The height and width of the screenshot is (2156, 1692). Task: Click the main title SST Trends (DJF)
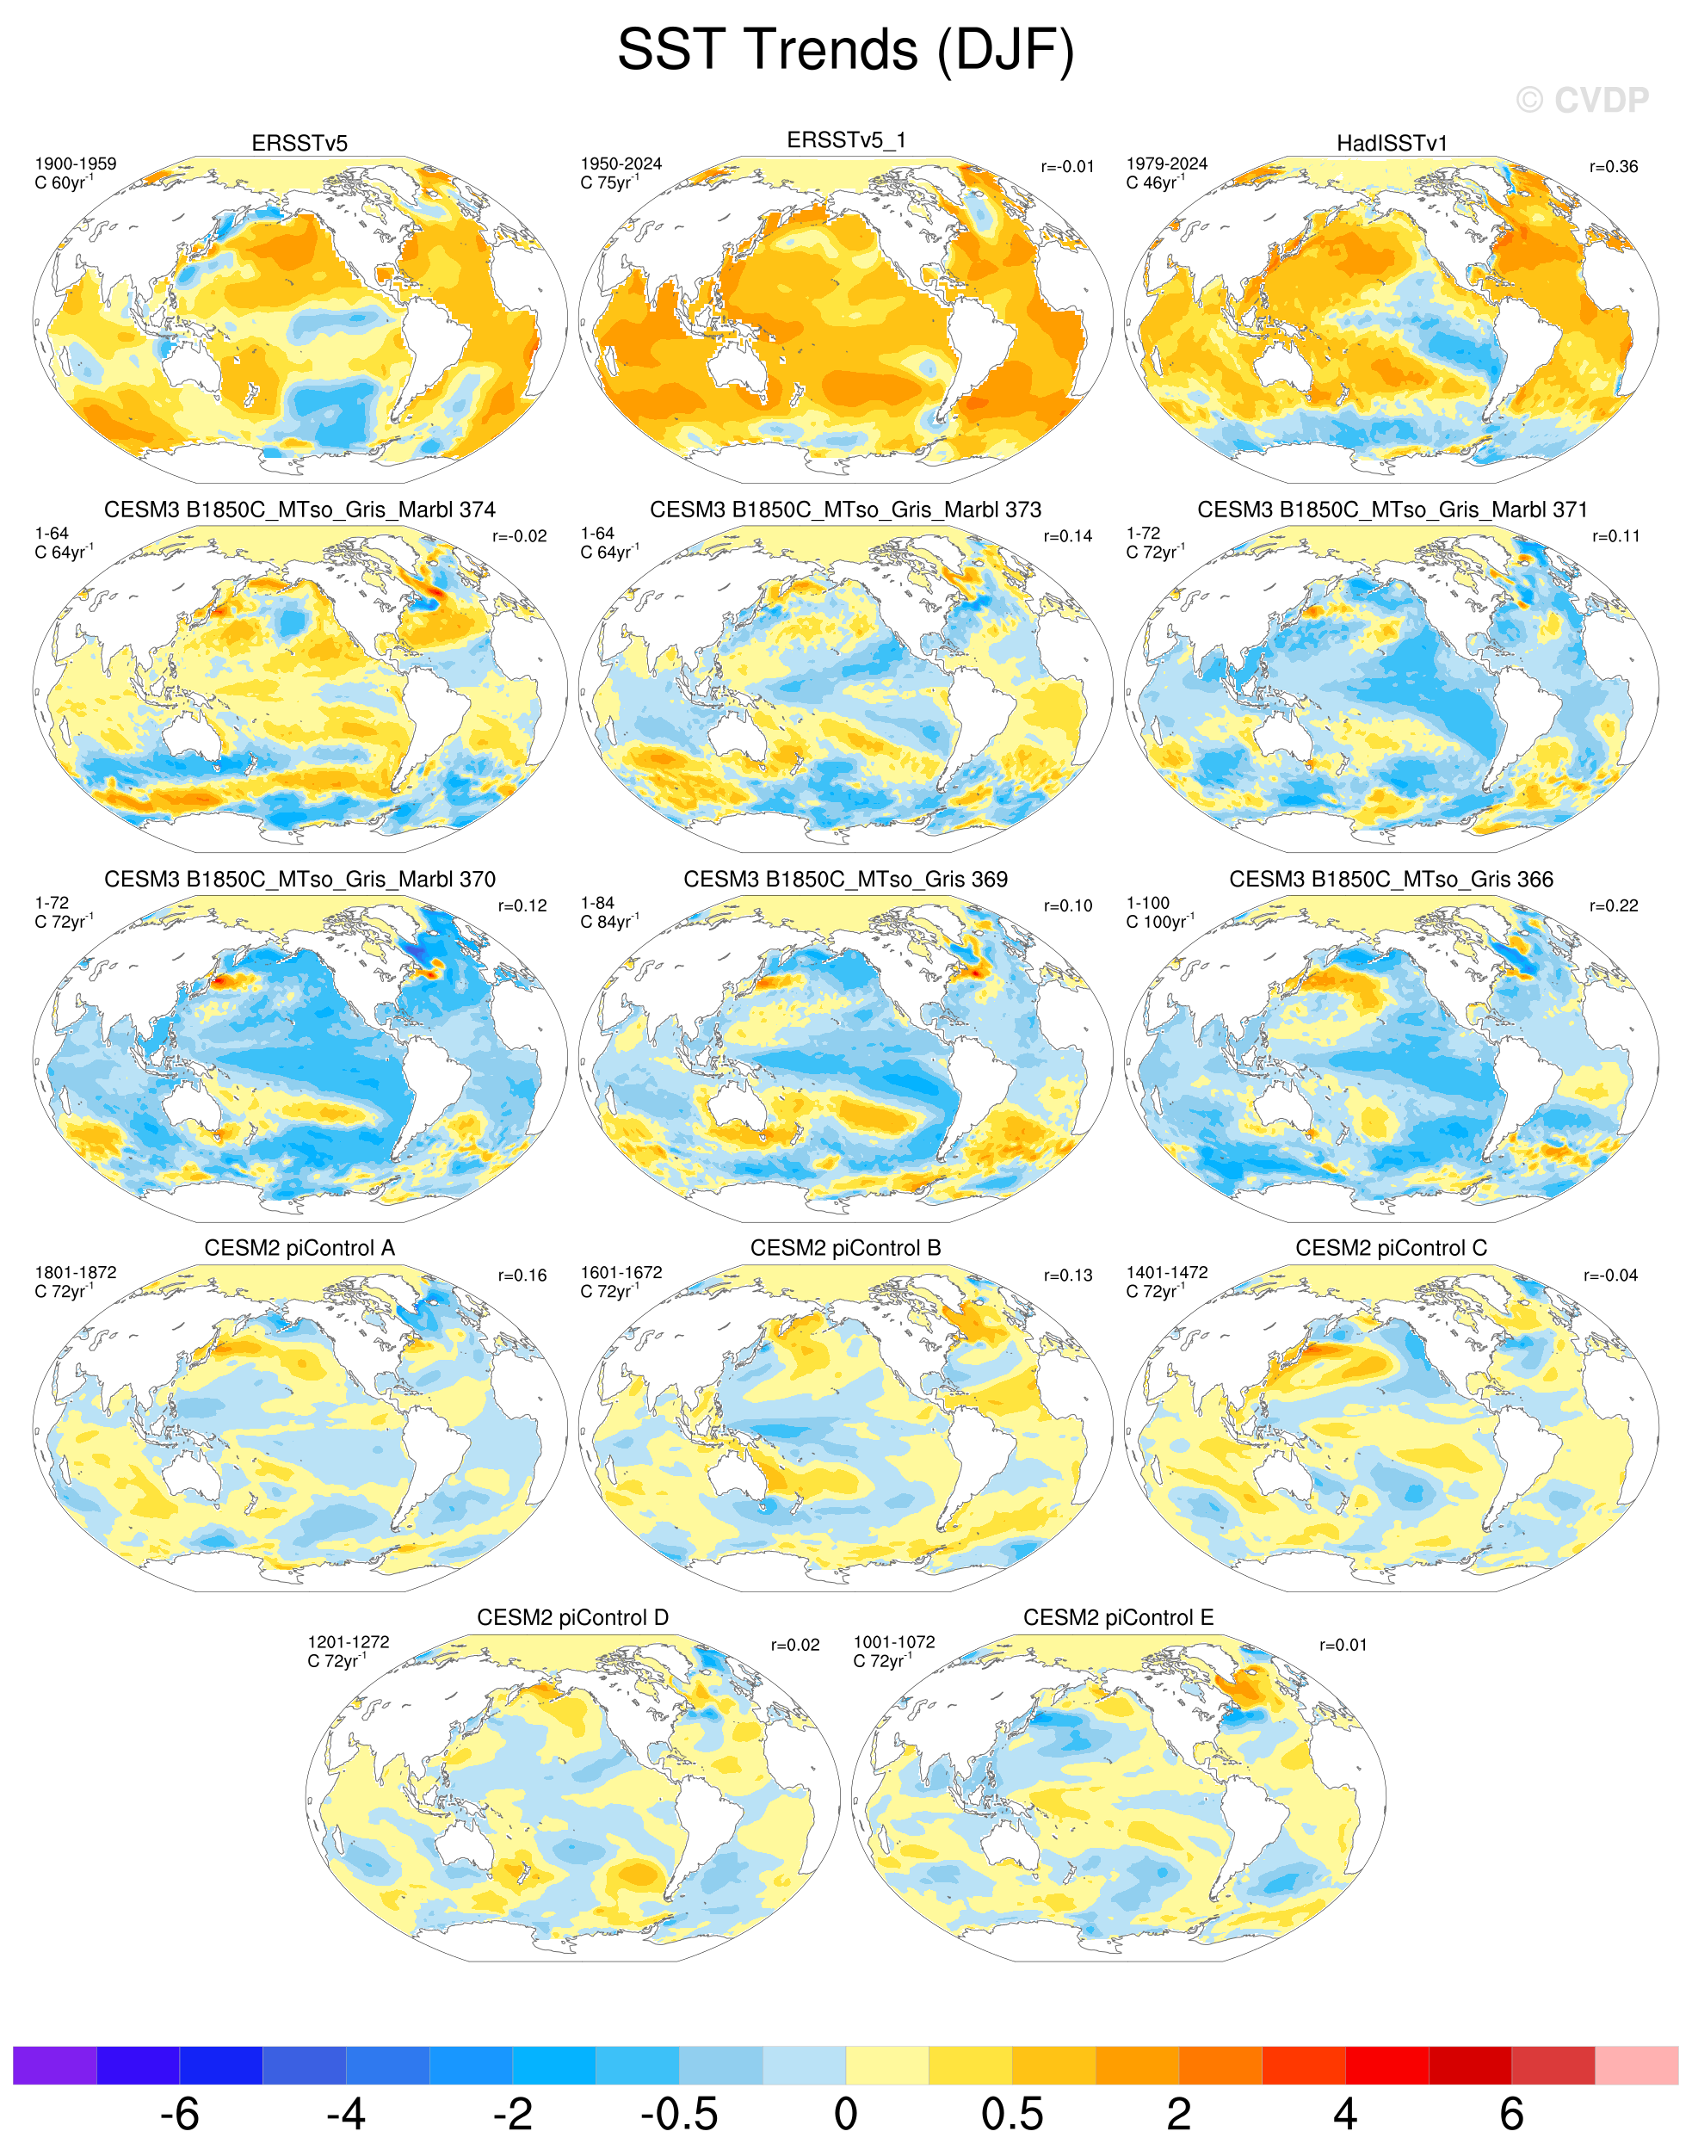coord(845,51)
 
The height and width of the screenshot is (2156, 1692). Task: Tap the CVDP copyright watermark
coord(1582,100)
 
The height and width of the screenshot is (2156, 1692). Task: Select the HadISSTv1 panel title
coord(1392,144)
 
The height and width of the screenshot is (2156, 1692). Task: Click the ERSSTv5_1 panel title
coord(846,140)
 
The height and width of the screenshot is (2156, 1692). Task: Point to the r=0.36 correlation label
coord(1614,166)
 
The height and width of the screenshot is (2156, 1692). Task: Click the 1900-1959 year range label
coord(75,164)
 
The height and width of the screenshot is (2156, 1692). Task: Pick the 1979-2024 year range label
coord(1167,164)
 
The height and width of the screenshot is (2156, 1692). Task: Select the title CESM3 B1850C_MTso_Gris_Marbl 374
coord(299,510)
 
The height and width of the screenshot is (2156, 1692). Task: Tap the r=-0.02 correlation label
coord(519,536)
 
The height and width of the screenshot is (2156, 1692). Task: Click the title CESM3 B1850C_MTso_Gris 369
coord(845,879)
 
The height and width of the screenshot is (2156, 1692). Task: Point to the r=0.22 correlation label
coord(1614,905)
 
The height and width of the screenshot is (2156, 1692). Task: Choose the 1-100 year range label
coord(1148,903)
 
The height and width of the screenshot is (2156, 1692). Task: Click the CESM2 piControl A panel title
coord(299,1249)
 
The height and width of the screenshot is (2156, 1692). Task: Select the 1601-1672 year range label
coord(621,1272)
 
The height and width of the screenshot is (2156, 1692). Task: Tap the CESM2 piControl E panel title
coord(1119,1618)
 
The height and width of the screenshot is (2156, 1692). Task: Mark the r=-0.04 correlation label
coord(1611,1276)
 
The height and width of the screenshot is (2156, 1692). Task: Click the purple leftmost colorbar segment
coord(54,2065)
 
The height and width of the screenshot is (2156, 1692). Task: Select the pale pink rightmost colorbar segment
coord(1637,2065)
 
